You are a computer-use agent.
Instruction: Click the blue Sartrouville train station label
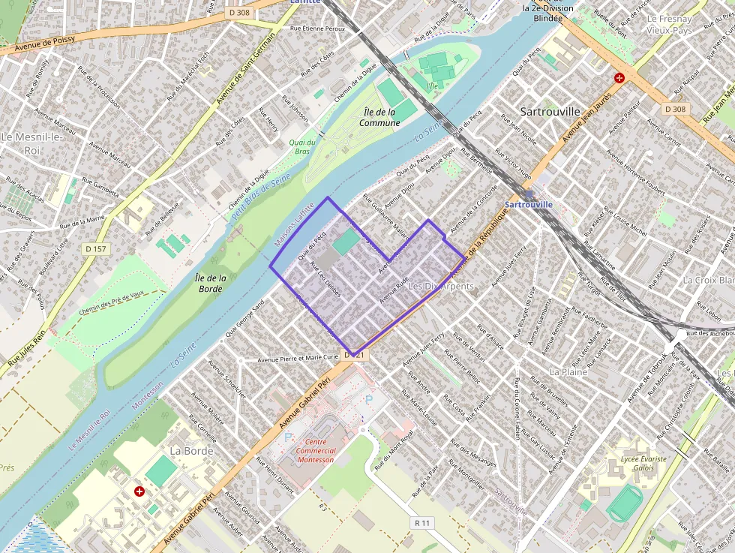[x=529, y=204]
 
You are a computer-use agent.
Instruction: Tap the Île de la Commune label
[x=379, y=117]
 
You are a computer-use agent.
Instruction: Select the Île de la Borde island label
[x=210, y=283]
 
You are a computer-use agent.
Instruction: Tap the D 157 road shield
[x=95, y=248]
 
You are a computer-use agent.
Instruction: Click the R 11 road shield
[x=423, y=521]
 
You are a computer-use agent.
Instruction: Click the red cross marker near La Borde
[x=139, y=491]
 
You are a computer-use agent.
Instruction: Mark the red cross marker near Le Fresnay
[x=619, y=78]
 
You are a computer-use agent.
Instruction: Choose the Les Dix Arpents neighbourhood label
[x=441, y=287]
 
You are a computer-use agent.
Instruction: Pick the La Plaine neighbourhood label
[x=568, y=371]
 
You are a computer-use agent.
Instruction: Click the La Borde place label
[x=192, y=451]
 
